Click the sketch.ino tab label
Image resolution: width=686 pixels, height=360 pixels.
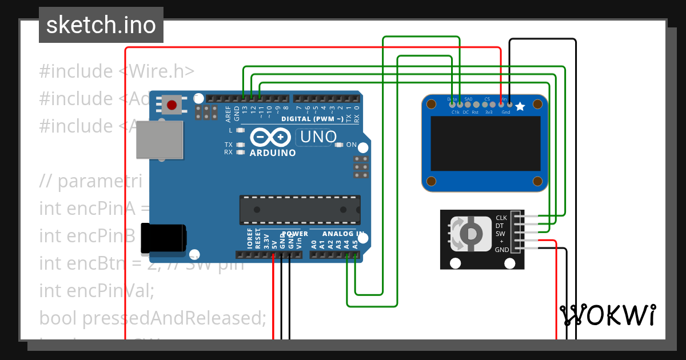tap(101, 25)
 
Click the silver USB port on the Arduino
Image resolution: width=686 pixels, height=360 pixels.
tap(159, 139)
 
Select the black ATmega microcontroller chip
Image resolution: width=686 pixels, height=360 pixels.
tap(300, 210)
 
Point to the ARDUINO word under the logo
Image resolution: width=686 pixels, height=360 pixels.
tap(273, 153)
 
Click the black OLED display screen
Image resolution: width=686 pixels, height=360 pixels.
tap(485, 143)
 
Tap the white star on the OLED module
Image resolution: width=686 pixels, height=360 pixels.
tap(520, 106)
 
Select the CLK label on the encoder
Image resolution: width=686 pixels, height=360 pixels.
tap(501, 218)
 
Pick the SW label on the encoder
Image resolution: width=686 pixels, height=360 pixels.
tap(500, 234)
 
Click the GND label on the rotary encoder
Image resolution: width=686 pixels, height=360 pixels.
tap(501, 250)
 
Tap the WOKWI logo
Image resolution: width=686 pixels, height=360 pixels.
tap(608, 315)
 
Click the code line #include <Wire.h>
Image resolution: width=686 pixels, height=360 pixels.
tap(117, 71)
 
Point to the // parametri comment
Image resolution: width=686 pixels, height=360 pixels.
tap(90, 181)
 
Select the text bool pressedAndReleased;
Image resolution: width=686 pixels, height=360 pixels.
tap(153, 318)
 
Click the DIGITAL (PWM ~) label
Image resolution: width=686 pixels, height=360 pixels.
tap(312, 119)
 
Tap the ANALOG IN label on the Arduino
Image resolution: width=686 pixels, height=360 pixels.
tap(343, 234)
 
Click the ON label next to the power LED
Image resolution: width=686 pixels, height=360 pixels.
tap(351, 145)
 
